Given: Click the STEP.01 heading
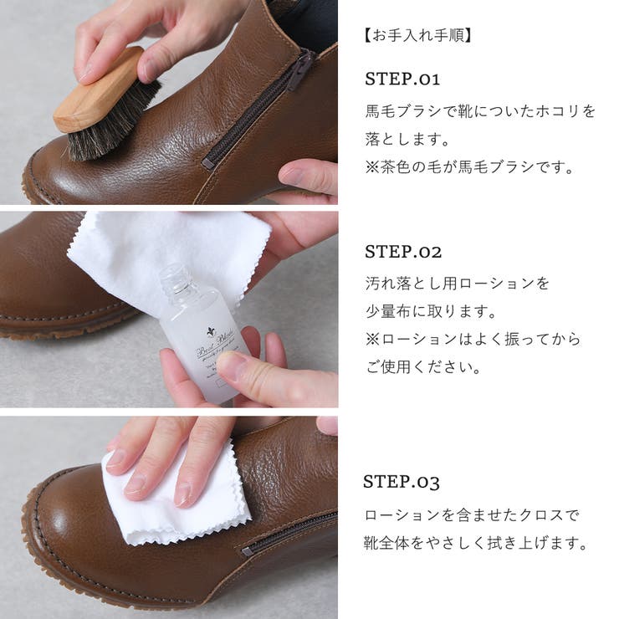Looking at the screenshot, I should [402, 79].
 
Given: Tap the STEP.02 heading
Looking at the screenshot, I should [403, 252].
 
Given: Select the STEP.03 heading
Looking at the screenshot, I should [401, 482].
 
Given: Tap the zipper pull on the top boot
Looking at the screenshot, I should [300, 70].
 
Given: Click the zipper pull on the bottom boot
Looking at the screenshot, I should [248, 550].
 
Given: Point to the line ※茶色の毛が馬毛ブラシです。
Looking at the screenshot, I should [470, 167].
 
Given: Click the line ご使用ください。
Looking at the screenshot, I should [422, 368].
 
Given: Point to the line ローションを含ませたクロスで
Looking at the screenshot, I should [472, 515].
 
